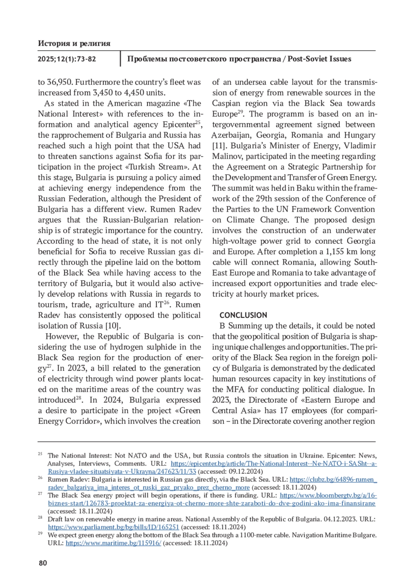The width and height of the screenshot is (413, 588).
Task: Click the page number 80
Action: pyautogui.click(x=43, y=563)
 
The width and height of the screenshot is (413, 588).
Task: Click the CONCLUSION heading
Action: pyautogui.click(x=243, y=315)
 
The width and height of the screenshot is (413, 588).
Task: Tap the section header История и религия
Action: pyautogui.click(x=74, y=43)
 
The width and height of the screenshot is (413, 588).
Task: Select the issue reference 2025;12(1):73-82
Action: pyautogui.click(x=67, y=59)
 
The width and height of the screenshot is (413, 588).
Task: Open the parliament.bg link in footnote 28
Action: pyautogui.click(x=113, y=527)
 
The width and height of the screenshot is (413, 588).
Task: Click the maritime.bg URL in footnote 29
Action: pyautogui.click(x=113, y=543)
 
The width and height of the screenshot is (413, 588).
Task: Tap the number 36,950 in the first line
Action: pyautogui.click(x=60, y=82)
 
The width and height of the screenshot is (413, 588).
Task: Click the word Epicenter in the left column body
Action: pyautogui.click(x=179, y=125)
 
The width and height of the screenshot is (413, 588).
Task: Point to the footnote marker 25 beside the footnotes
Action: pyautogui.click(x=40, y=454)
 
